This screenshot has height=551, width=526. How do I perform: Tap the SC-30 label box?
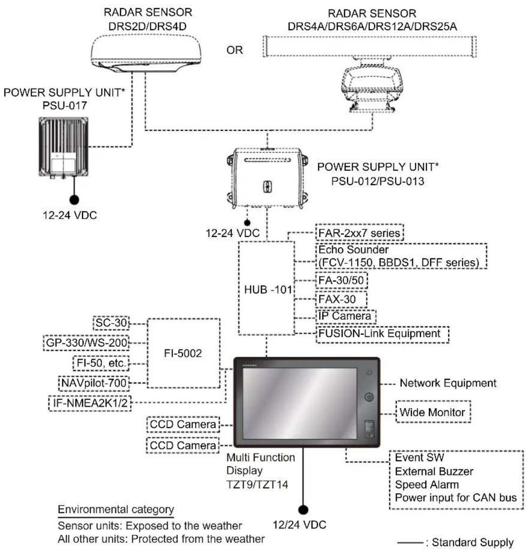[x=111, y=323]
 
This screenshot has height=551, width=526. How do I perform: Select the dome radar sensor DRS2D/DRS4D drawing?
[x=146, y=53]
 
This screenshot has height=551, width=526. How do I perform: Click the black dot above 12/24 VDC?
[x=303, y=509]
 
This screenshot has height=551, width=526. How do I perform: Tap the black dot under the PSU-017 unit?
[x=74, y=200]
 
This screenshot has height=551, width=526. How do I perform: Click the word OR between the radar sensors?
[x=234, y=50]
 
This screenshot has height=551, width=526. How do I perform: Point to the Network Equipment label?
[x=448, y=383]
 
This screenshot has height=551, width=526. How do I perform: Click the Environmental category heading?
[x=116, y=509]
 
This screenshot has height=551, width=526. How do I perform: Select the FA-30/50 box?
[x=341, y=280]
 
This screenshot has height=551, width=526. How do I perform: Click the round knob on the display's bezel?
[x=368, y=397]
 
